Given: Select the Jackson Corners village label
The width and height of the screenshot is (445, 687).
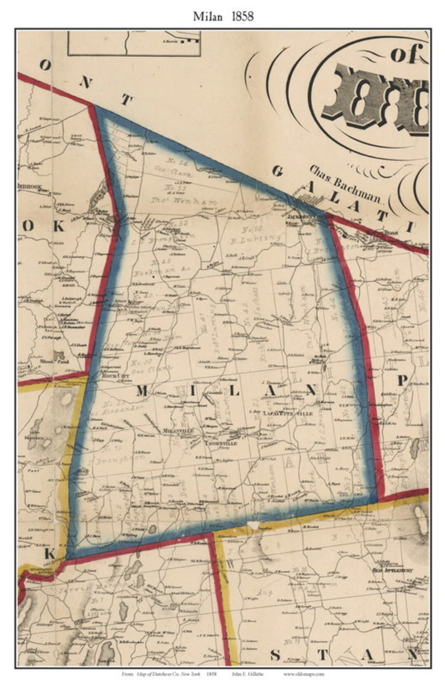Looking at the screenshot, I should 304,215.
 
